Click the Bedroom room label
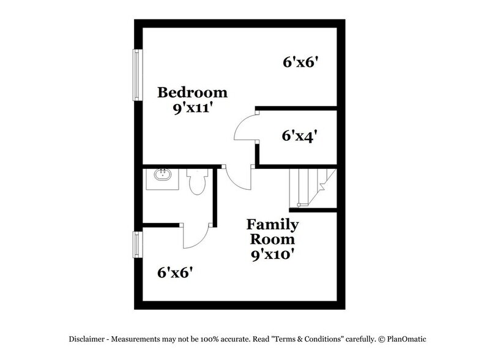tap(192, 92)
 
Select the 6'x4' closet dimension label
tap(299, 135)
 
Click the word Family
tap(273, 224)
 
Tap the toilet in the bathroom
tap(196, 182)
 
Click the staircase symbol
tap(311, 187)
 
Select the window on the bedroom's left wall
tap(138, 74)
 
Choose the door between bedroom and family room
tap(239, 178)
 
